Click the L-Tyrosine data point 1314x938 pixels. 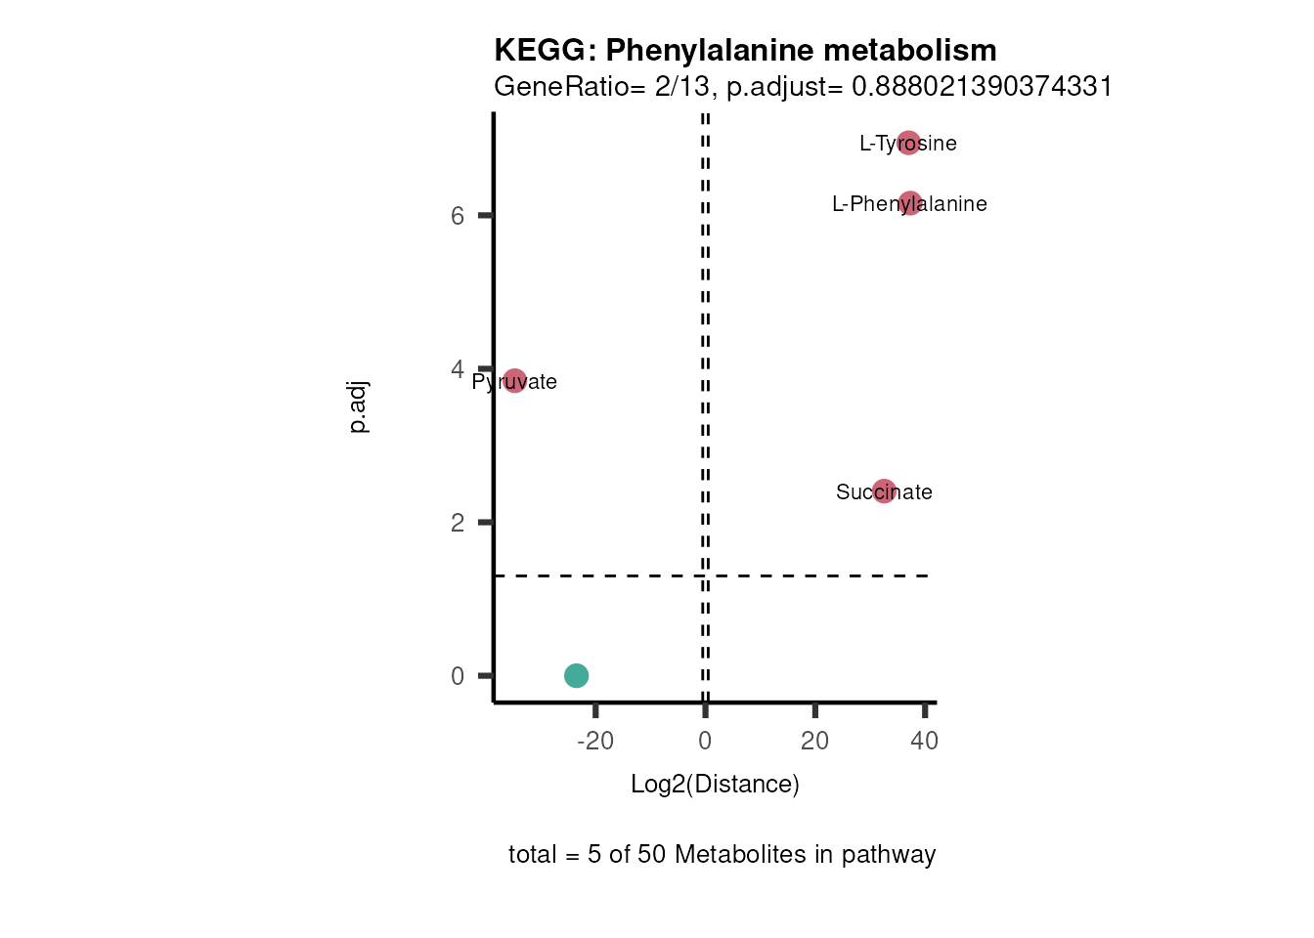pos(908,144)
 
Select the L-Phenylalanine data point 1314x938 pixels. pos(910,203)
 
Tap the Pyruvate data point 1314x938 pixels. pos(514,381)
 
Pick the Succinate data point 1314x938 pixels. pos(884,491)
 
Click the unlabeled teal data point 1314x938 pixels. pos(576,675)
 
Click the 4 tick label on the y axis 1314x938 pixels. pos(458,369)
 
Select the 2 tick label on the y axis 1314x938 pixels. pos(458,523)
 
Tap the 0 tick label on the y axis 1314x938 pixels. pos(458,676)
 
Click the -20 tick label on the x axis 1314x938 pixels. pos(595,741)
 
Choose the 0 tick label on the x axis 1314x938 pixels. pos(705,741)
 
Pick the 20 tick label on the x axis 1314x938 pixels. pos(814,741)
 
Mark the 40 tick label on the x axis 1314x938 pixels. pos(924,741)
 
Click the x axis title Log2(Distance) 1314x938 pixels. pos(715,784)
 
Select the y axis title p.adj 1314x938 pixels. pos(358,406)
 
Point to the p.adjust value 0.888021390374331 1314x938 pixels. pos(982,87)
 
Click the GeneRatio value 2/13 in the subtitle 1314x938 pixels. pos(681,87)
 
